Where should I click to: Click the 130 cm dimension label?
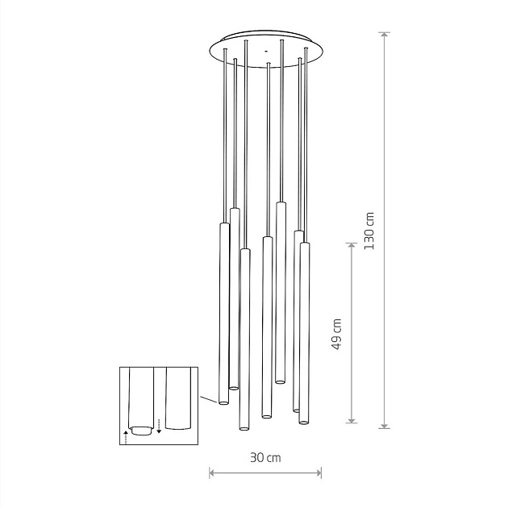[x=369, y=231]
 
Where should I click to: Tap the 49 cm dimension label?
[x=337, y=334]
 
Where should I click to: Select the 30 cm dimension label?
[x=265, y=458]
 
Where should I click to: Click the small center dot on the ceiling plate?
[x=266, y=51]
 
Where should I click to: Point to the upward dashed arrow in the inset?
[x=126, y=437]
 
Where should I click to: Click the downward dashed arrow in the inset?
[x=159, y=427]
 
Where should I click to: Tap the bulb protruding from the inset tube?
[x=141, y=431]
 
